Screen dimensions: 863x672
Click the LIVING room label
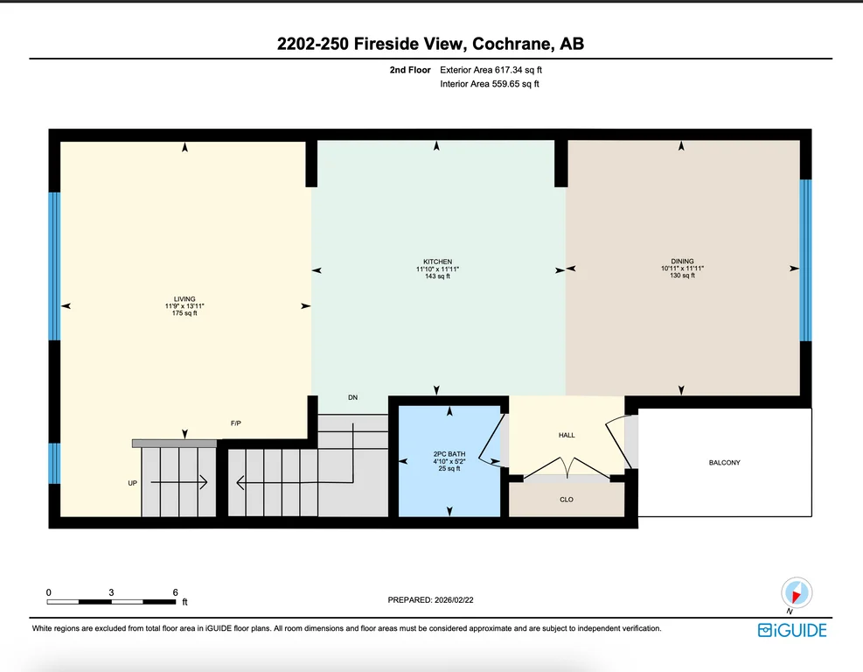click(184, 299)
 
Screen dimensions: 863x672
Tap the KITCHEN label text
click(437, 262)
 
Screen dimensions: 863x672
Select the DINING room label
click(683, 261)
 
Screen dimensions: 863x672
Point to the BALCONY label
click(724, 463)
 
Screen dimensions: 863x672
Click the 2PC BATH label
click(449, 454)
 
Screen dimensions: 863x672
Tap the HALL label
click(567, 435)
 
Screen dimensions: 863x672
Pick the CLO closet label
click(567, 500)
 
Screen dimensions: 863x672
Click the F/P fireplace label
click(235, 423)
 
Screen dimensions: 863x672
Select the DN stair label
click(352, 397)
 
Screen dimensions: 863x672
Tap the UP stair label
click(133, 483)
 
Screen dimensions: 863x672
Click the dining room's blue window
click(805, 260)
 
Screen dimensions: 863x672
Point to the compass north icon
click(796, 593)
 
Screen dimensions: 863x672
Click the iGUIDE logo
click(792, 630)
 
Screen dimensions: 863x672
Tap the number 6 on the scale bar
click(175, 592)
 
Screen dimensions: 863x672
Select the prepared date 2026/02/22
click(454, 600)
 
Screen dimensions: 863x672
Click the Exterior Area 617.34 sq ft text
click(491, 70)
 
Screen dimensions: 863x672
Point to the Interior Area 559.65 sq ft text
click(490, 84)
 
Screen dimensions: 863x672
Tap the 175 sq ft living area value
click(184, 313)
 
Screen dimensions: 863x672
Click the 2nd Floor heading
click(410, 70)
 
